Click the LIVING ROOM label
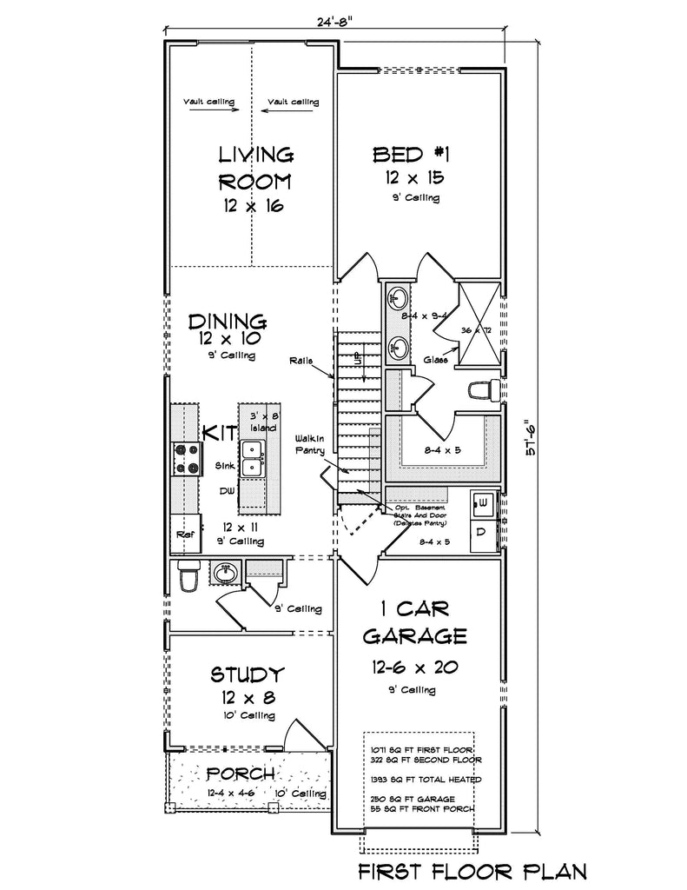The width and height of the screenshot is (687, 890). point(254,169)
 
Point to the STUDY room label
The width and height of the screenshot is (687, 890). point(248,674)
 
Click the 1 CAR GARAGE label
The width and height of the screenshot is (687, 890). point(414,621)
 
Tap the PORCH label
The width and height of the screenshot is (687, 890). point(241,773)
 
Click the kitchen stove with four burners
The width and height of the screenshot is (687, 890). point(185,458)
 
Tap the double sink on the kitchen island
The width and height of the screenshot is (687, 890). point(253,458)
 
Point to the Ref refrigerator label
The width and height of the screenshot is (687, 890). point(184,535)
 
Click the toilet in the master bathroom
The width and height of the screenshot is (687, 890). point(481,390)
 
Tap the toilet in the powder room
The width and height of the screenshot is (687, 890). point(188,576)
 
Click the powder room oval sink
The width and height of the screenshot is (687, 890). point(224,574)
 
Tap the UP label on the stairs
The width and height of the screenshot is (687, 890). point(356,356)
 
